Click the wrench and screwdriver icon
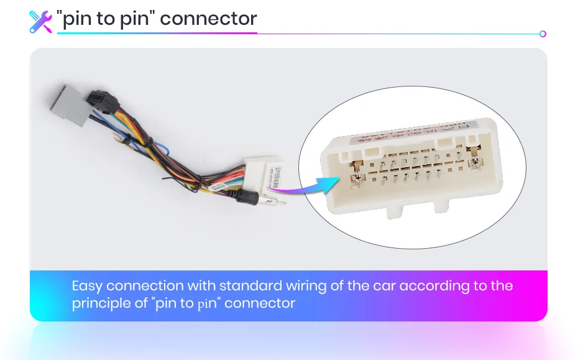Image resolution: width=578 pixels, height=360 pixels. coord(41,21)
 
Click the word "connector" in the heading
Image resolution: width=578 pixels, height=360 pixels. coord(208,19)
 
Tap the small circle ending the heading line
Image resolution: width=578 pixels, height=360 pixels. coord(543,34)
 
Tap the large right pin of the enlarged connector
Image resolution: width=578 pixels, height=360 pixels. coord(477,163)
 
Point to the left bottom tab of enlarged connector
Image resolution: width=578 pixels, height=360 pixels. coord(393,211)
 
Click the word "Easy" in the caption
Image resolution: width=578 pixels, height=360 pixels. coord(87,286)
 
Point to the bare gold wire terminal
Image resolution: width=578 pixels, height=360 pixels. coord(128,144)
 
